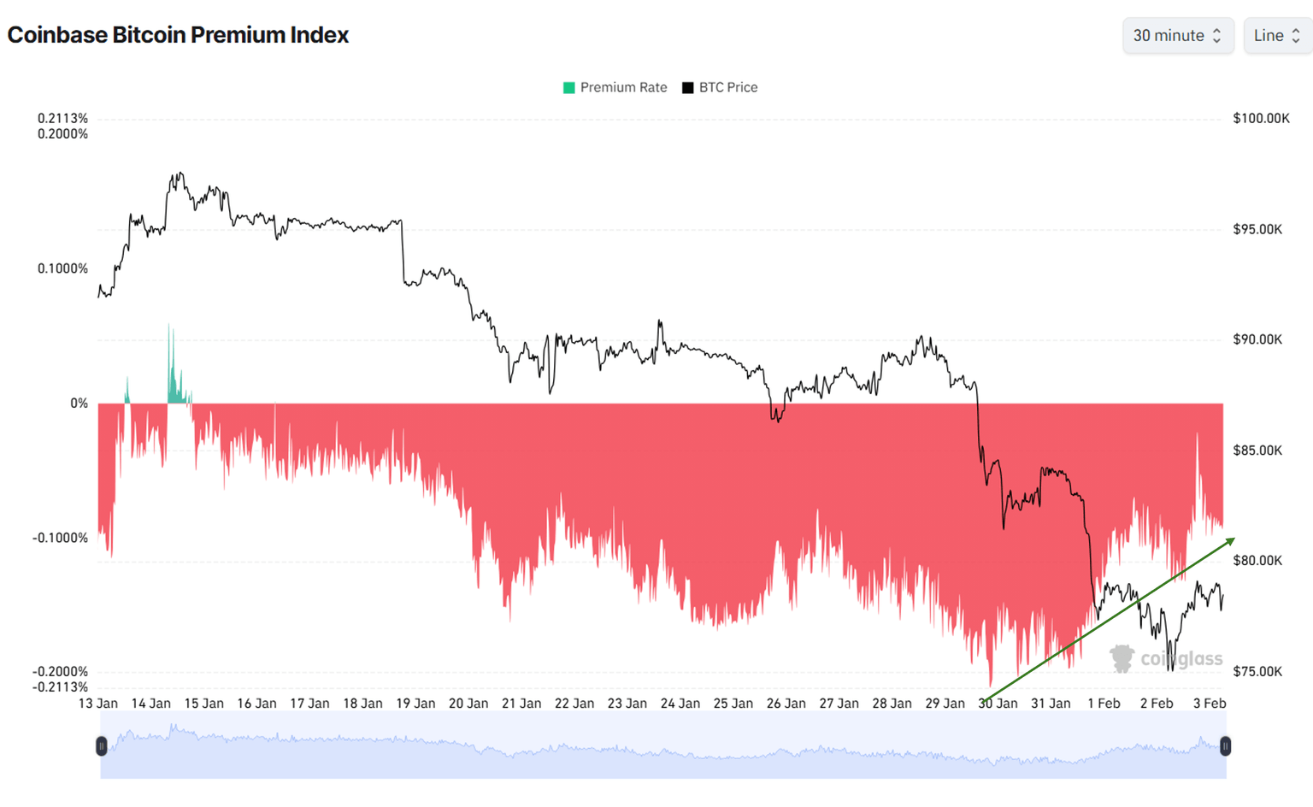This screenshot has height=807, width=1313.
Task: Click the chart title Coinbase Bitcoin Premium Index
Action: click(x=178, y=35)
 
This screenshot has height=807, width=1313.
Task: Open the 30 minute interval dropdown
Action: click(x=1177, y=36)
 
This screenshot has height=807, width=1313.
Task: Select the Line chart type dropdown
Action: click(x=1277, y=36)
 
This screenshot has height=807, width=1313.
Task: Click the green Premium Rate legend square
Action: click(x=569, y=88)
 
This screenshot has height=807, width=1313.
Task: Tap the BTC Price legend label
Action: click(x=727, y=87)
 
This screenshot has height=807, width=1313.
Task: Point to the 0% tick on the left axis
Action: click(x=79, y=403)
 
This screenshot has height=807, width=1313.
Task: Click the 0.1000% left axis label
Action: click(x=62, y=268)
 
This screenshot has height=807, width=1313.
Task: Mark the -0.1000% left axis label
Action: click(x=61, y=538)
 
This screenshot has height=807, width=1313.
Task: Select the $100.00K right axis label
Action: click(x=1261, y=118)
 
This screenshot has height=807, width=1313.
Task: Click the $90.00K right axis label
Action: click(x=1257, y=339)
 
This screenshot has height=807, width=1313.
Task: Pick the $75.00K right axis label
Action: click(x=1257, y=671)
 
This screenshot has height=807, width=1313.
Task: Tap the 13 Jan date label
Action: click(x=98, y=704)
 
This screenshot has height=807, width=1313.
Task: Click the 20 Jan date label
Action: click(x=468, y=704)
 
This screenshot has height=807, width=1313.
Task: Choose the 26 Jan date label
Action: click(x=786, y=704)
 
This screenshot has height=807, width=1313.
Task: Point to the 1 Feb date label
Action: click(x=1104, y=704)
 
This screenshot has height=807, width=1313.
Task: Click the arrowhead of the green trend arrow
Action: click(x=1231, y=541)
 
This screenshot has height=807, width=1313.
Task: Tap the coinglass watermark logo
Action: click(x=1122, y=658)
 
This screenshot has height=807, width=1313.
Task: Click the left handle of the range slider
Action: click(x=102, y=746)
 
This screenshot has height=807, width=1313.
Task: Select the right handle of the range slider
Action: click(x=1225, y=746)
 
